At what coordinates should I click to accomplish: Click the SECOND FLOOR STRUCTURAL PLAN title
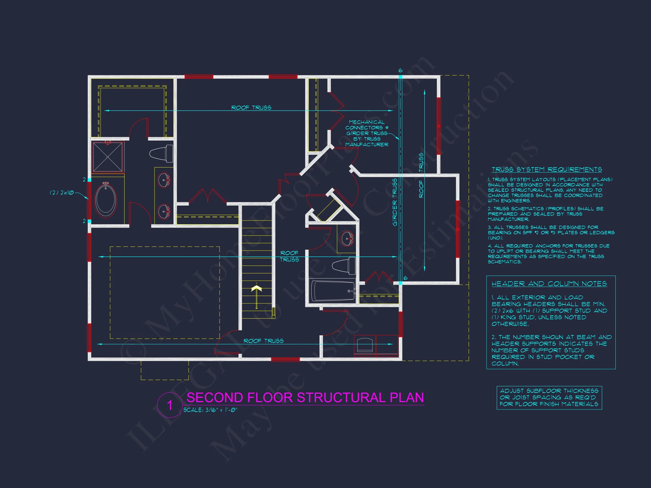tap(305, 397)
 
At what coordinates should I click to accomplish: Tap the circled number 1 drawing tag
tap(170, 405)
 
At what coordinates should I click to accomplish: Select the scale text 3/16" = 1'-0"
tap(210, 410)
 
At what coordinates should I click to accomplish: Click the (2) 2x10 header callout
tap(62, 193)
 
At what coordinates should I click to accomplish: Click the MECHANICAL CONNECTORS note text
tap(366, 133)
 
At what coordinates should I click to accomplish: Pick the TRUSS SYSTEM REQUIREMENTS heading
tap(546, 169)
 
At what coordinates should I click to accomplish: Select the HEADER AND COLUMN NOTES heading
tap(549, 284)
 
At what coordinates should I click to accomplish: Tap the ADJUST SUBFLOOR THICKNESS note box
tap(549, 397)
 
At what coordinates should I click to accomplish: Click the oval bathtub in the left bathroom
tap(106, 200)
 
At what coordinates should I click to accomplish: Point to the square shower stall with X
tap(108, 157)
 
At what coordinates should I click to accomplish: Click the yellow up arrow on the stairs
tap(257, 289)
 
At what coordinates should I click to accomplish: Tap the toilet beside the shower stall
tap(162, 153)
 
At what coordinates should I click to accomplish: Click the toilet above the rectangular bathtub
tap(344, 266)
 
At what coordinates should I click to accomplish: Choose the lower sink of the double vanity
tap(164, 211)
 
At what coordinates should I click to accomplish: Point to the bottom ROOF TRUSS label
tap(263, 341)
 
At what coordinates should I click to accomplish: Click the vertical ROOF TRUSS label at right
tap(421, 175)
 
